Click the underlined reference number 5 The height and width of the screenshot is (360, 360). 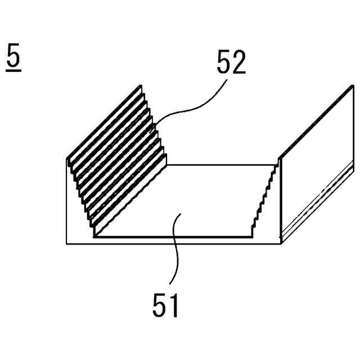[x=15, y=57]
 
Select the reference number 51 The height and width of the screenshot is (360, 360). [x=166, y=306]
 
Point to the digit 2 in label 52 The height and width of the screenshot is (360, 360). [x=238, y=62]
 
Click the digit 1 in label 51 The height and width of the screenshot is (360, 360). [x=174, y=306]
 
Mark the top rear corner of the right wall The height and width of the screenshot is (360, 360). [x=353, y=85]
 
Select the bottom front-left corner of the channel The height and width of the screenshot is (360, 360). [x=67, y=244]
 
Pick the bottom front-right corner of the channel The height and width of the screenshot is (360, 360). [x=281, y=244]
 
